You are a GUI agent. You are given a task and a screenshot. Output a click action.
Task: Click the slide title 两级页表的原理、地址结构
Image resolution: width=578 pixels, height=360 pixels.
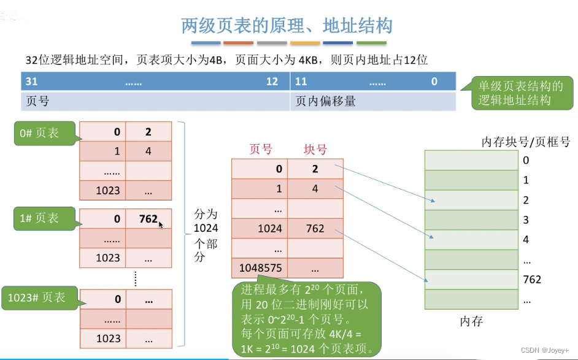coord(287,26)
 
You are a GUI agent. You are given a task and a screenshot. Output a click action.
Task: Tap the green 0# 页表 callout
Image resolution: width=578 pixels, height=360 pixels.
coord(39,133)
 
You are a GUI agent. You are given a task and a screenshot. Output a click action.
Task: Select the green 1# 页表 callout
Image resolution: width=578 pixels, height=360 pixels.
coord(39,218)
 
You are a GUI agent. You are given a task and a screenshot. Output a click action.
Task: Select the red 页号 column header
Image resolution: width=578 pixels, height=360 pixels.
coord(261,150)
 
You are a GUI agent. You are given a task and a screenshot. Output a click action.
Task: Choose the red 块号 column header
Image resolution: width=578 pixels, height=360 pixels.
coord(315,150)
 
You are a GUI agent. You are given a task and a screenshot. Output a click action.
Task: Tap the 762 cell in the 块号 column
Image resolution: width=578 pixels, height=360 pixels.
coord(315,229)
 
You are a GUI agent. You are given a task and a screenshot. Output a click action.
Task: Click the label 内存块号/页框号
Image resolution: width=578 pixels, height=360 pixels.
coord(526,142)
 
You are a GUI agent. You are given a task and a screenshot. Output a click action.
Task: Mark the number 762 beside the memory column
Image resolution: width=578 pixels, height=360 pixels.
coord(532,279)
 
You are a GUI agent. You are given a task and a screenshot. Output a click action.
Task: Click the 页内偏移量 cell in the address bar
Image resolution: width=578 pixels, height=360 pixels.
coord(326,101)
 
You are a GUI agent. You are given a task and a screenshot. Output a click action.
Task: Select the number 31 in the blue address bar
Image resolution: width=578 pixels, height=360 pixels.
coord(31,82)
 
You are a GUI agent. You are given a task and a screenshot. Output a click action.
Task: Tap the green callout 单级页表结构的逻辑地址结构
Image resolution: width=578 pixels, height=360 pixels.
coord(520,94)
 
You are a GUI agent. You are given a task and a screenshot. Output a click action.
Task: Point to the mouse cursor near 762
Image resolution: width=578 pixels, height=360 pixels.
coord(161,225)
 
